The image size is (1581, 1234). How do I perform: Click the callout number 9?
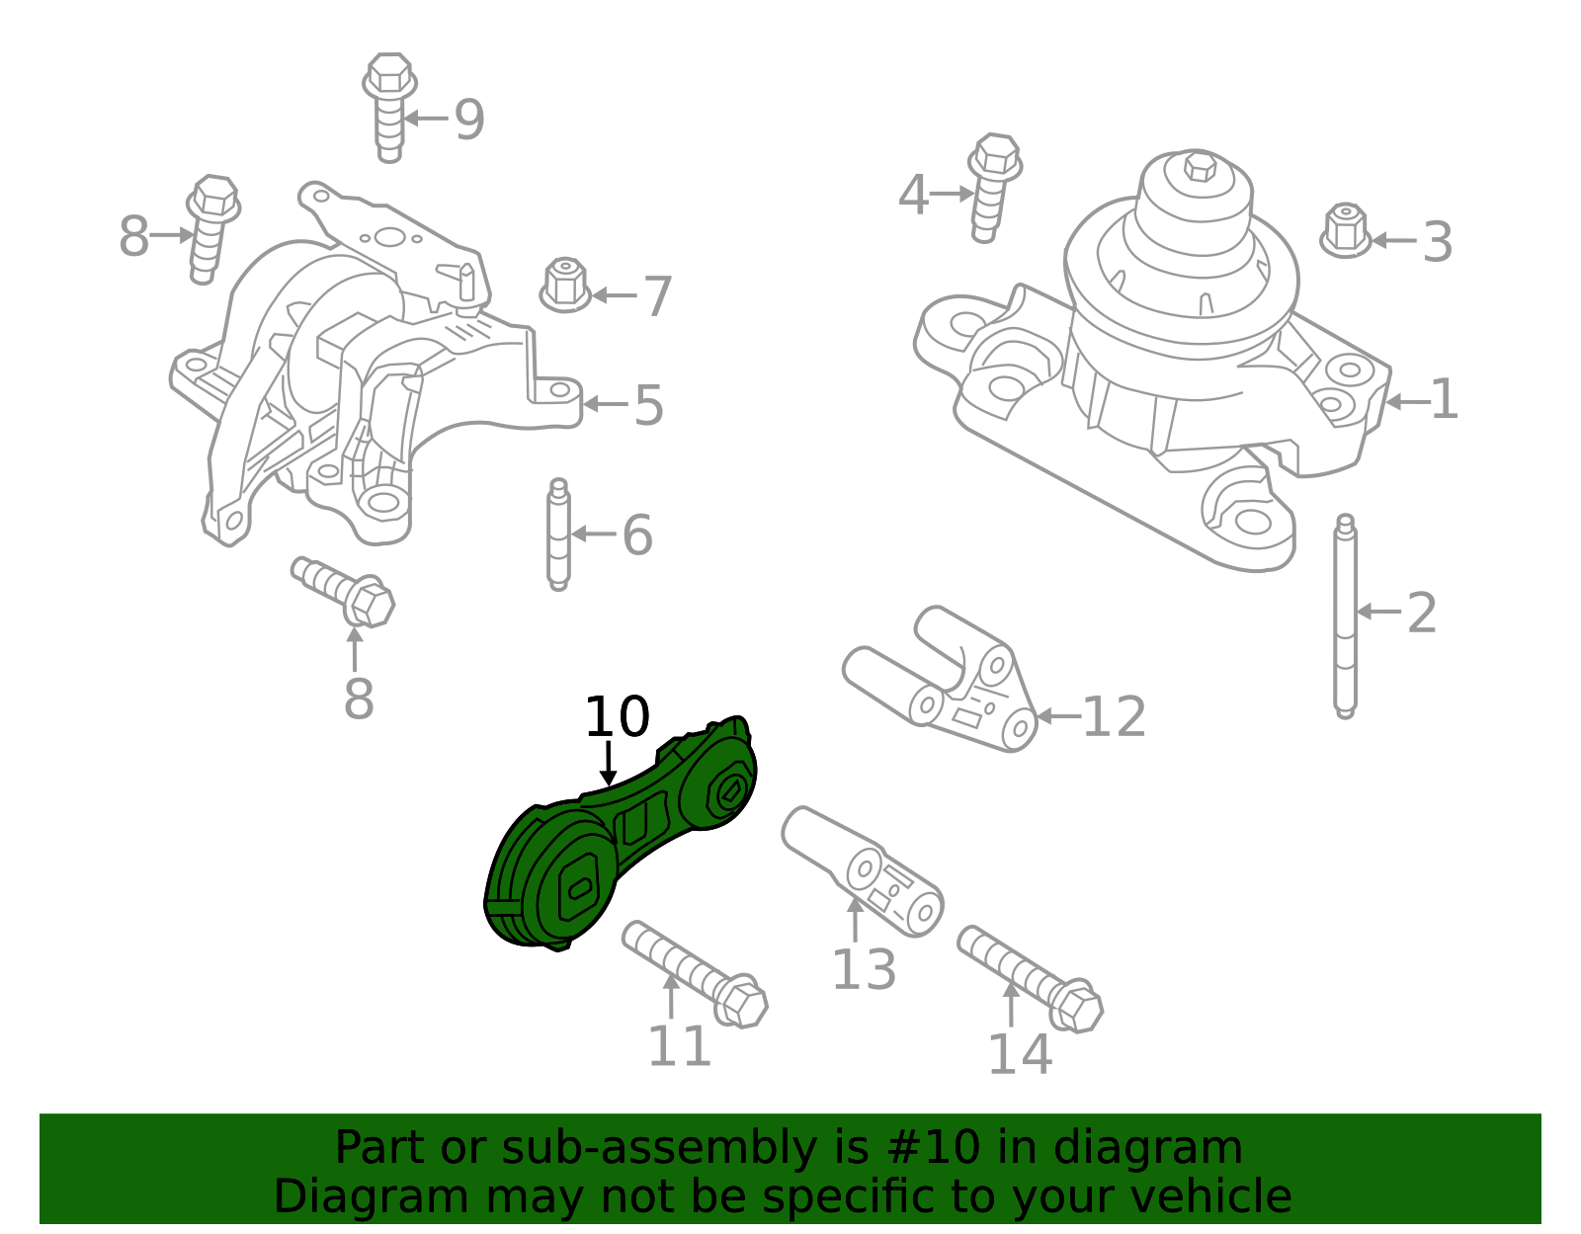coord(469,120)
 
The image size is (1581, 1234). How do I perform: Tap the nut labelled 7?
coord(564,287)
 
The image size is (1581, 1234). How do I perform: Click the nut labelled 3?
coord(1345,231)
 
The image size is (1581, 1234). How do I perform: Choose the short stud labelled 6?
coord(558,535)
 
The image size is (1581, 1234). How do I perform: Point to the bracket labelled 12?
coord(949,682)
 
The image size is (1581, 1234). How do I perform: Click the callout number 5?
coord(648,405)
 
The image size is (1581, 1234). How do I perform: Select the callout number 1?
coord(1444,400)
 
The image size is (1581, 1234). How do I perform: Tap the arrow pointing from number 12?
coord(1057,716)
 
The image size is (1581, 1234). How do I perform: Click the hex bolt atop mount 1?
coord(1200,167)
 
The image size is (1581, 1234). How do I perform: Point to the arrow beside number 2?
coord(1378,612)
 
